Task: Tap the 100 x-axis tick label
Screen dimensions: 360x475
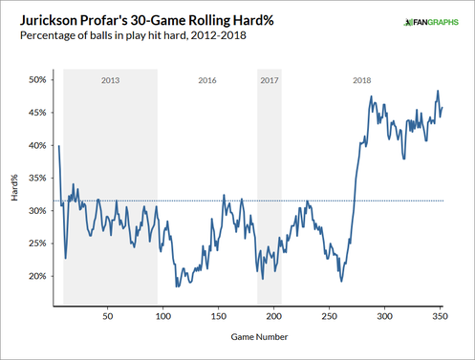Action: (x=162, y=314)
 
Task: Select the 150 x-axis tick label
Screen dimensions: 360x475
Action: (x=218, y=314)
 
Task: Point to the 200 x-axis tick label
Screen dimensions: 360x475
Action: (x=273, y=314)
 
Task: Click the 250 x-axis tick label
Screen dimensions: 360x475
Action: (x=329, y=314)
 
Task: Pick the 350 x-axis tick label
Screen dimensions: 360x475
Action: (x=440, y=314)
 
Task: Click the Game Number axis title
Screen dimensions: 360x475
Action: (x=258, y=338)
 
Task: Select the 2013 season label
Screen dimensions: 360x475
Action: (x=111, y=81)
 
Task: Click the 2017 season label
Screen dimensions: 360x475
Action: (x=270, y=81)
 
